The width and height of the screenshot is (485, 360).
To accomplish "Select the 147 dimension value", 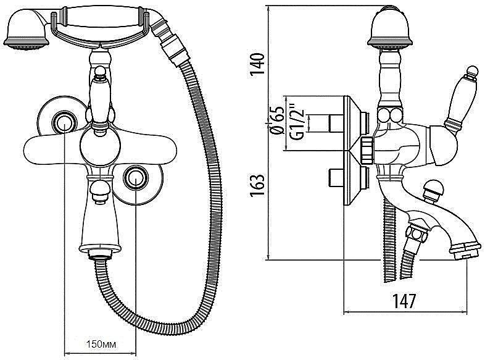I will tap(404, 302).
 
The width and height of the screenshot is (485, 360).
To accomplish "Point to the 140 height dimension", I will tap(257, 64).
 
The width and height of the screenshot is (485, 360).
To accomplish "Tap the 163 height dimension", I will tap(257, 182).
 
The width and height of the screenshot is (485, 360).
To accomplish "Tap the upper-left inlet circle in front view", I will tap(62, 123).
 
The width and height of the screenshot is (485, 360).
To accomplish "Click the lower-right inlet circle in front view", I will tap(134, 178).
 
